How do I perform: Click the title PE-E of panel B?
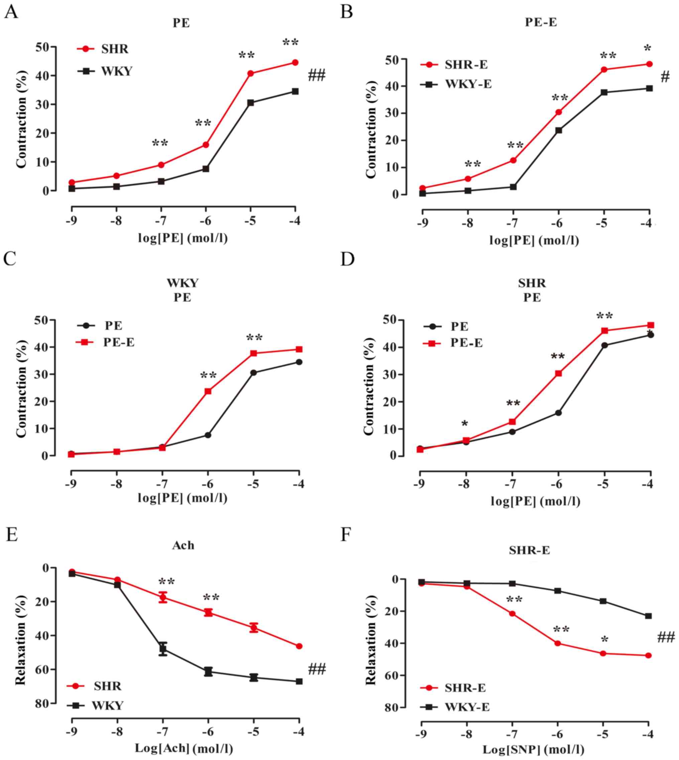[541, 22]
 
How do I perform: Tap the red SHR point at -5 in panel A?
[251, 73]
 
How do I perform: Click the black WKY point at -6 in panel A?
[206, 168]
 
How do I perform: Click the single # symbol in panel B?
[665, 78]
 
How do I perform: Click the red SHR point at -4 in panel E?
[299, 646]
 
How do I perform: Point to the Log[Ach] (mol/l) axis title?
[184, 748]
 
